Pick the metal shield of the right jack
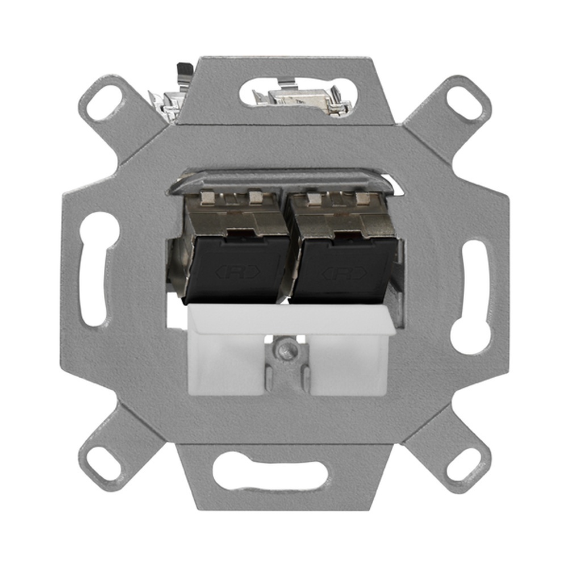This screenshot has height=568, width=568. click(341, 219)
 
